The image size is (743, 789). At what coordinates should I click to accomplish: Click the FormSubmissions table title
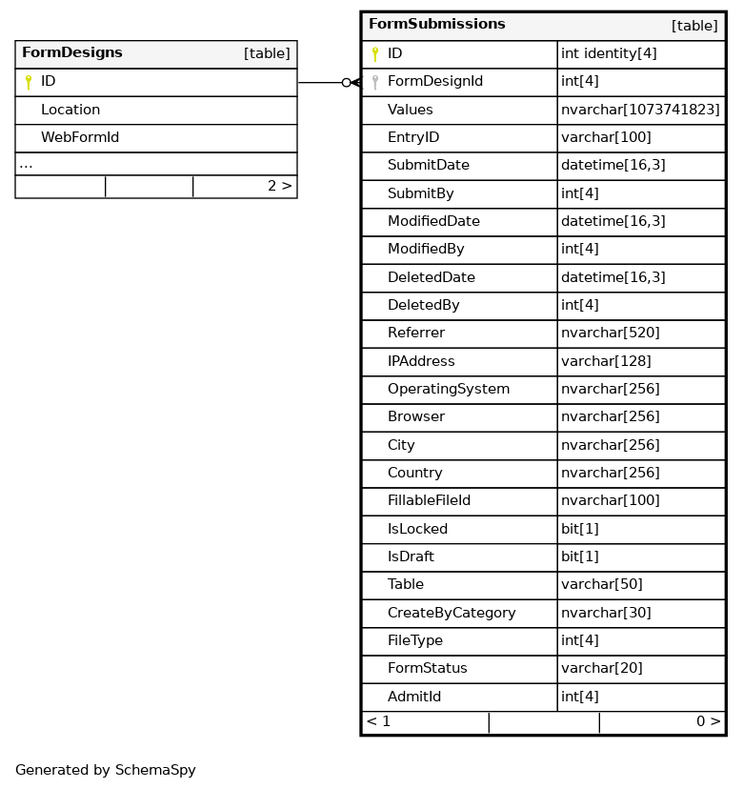click(x=436, y=25)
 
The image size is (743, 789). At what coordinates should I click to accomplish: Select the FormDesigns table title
click(x=72, y=53)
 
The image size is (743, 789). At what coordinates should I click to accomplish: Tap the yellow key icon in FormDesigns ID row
click(x=29, y=82)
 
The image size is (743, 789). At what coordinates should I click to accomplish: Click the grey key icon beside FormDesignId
click(x=375, y=82)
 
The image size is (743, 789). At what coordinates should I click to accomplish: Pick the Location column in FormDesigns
click(x=70, y=110)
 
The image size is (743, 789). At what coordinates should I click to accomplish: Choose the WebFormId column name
click(x=80, y=137)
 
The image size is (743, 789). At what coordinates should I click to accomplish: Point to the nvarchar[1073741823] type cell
click(x=640, y=110)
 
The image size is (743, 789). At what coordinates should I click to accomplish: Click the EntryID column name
click(x=413, y=137)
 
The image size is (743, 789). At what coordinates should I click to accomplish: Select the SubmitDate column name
click(x=429, y=165)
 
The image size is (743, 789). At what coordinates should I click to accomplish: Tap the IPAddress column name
click(x=421, y=361)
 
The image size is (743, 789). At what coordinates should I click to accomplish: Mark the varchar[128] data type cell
click(x=606, y=361)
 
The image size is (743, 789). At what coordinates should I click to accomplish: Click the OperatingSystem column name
click(x=449, y=389)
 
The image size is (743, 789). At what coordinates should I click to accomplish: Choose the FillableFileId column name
click(x=429, y=500)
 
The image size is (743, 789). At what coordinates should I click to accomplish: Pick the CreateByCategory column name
click(x=452, y=612)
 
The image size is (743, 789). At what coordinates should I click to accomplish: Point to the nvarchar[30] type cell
click(x=606, y=612)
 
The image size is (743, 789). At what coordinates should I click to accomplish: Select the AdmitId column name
click(x=414, y=697)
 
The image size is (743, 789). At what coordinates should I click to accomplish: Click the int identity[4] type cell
click(x=609, y=53)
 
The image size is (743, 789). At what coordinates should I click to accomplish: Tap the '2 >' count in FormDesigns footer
click(x=279, y=186)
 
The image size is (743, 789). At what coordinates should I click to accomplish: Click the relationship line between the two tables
click(x=321, y=83)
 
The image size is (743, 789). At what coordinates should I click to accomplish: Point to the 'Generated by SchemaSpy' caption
click(x=106, y=770)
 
